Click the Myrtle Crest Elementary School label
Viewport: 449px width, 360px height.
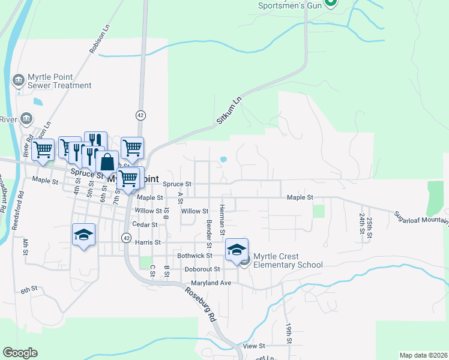pyautogui.click(x=288, y=260)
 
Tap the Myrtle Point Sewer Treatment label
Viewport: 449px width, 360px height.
pyautogui.click(x=60, y=81)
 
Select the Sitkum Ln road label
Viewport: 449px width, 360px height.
pyautogui.click(x=228, y=113)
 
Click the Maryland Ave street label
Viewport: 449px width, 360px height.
pyautogui.click(x=211, y=283)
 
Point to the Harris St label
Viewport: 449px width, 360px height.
pyautogui.click(x=148, y=242)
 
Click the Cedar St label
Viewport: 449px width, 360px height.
pyautogui.click(x=145, y=224)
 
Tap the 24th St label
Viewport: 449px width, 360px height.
pyautogui.click(x=362, y=223)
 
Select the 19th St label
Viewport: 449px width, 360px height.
pyautogui.click(x=289, y=332)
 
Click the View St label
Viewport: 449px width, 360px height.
pyautogui.click(x=254, y=346)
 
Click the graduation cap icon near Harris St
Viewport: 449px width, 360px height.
pyautogui.click(x=84, y=235)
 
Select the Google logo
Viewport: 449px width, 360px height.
pyautogui.click(x=20, y=353)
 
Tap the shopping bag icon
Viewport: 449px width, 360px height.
pyautogui.click(x=107, y=163)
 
